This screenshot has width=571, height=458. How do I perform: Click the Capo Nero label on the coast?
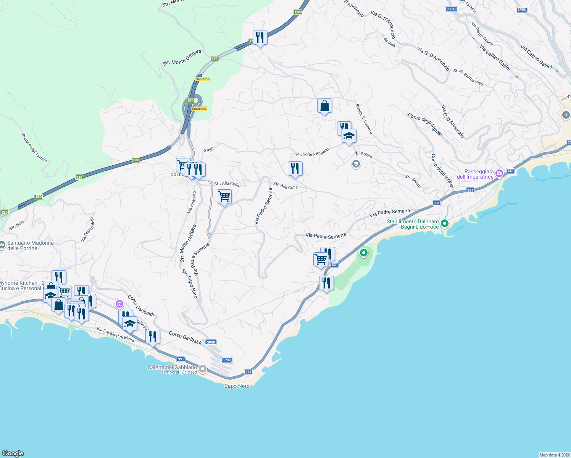coord(237,386)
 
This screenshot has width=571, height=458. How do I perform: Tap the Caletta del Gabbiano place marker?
coord(203,369)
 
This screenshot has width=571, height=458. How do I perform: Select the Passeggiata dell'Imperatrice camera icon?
coord(499,174)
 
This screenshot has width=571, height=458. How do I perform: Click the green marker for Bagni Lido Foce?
coord(444,223)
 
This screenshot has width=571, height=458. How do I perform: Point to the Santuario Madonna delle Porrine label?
coord(30,245)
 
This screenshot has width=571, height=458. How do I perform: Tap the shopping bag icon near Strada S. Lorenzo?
coord(324,106)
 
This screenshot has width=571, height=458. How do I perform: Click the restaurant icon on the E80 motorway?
coord(260,38)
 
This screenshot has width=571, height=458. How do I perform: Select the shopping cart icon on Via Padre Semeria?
coord(224,197)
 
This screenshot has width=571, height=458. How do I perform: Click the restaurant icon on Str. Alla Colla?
coord(295,169)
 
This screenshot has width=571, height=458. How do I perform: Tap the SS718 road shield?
coord(451,9)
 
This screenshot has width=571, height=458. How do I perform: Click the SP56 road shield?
coord(521,10)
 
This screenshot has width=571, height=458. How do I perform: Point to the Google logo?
coord(13,453)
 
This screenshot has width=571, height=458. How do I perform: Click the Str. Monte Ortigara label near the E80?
coord(182,58)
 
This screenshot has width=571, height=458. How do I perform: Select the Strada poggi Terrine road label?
coord(34,147)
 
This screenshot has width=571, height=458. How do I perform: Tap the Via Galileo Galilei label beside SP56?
coord(536,57)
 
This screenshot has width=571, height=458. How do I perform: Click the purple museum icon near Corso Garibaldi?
coord(119,304)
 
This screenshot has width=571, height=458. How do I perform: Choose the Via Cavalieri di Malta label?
coord(115,334)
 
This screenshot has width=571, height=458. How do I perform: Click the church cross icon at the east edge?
coord(566,114)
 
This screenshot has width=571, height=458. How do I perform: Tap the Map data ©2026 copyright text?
coord(555,455)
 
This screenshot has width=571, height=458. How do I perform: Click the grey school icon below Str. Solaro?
coord(356,164)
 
